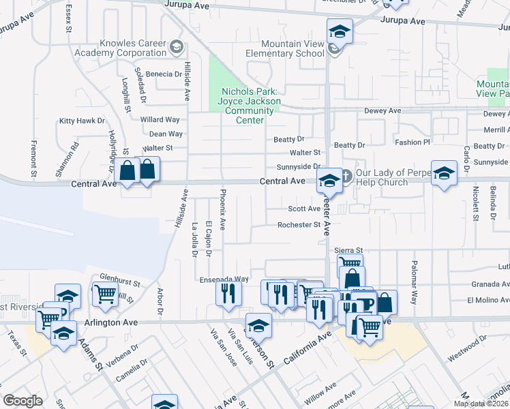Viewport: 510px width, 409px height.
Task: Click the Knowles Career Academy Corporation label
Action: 132,48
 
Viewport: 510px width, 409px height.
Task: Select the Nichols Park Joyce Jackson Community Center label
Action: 250,106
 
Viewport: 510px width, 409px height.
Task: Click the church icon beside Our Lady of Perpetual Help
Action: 346,175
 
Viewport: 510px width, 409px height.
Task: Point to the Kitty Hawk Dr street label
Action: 82,121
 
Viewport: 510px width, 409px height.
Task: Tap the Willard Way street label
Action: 160,120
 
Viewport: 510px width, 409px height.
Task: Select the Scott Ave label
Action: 303,209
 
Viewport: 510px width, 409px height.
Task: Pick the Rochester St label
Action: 299,225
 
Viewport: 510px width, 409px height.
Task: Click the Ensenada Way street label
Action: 224,279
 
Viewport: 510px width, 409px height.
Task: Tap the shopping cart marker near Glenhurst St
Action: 105,294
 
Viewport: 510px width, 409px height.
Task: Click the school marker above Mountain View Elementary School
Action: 339,31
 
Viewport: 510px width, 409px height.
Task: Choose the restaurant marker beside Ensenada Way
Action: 228,293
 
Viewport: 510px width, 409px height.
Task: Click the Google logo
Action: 22,401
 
